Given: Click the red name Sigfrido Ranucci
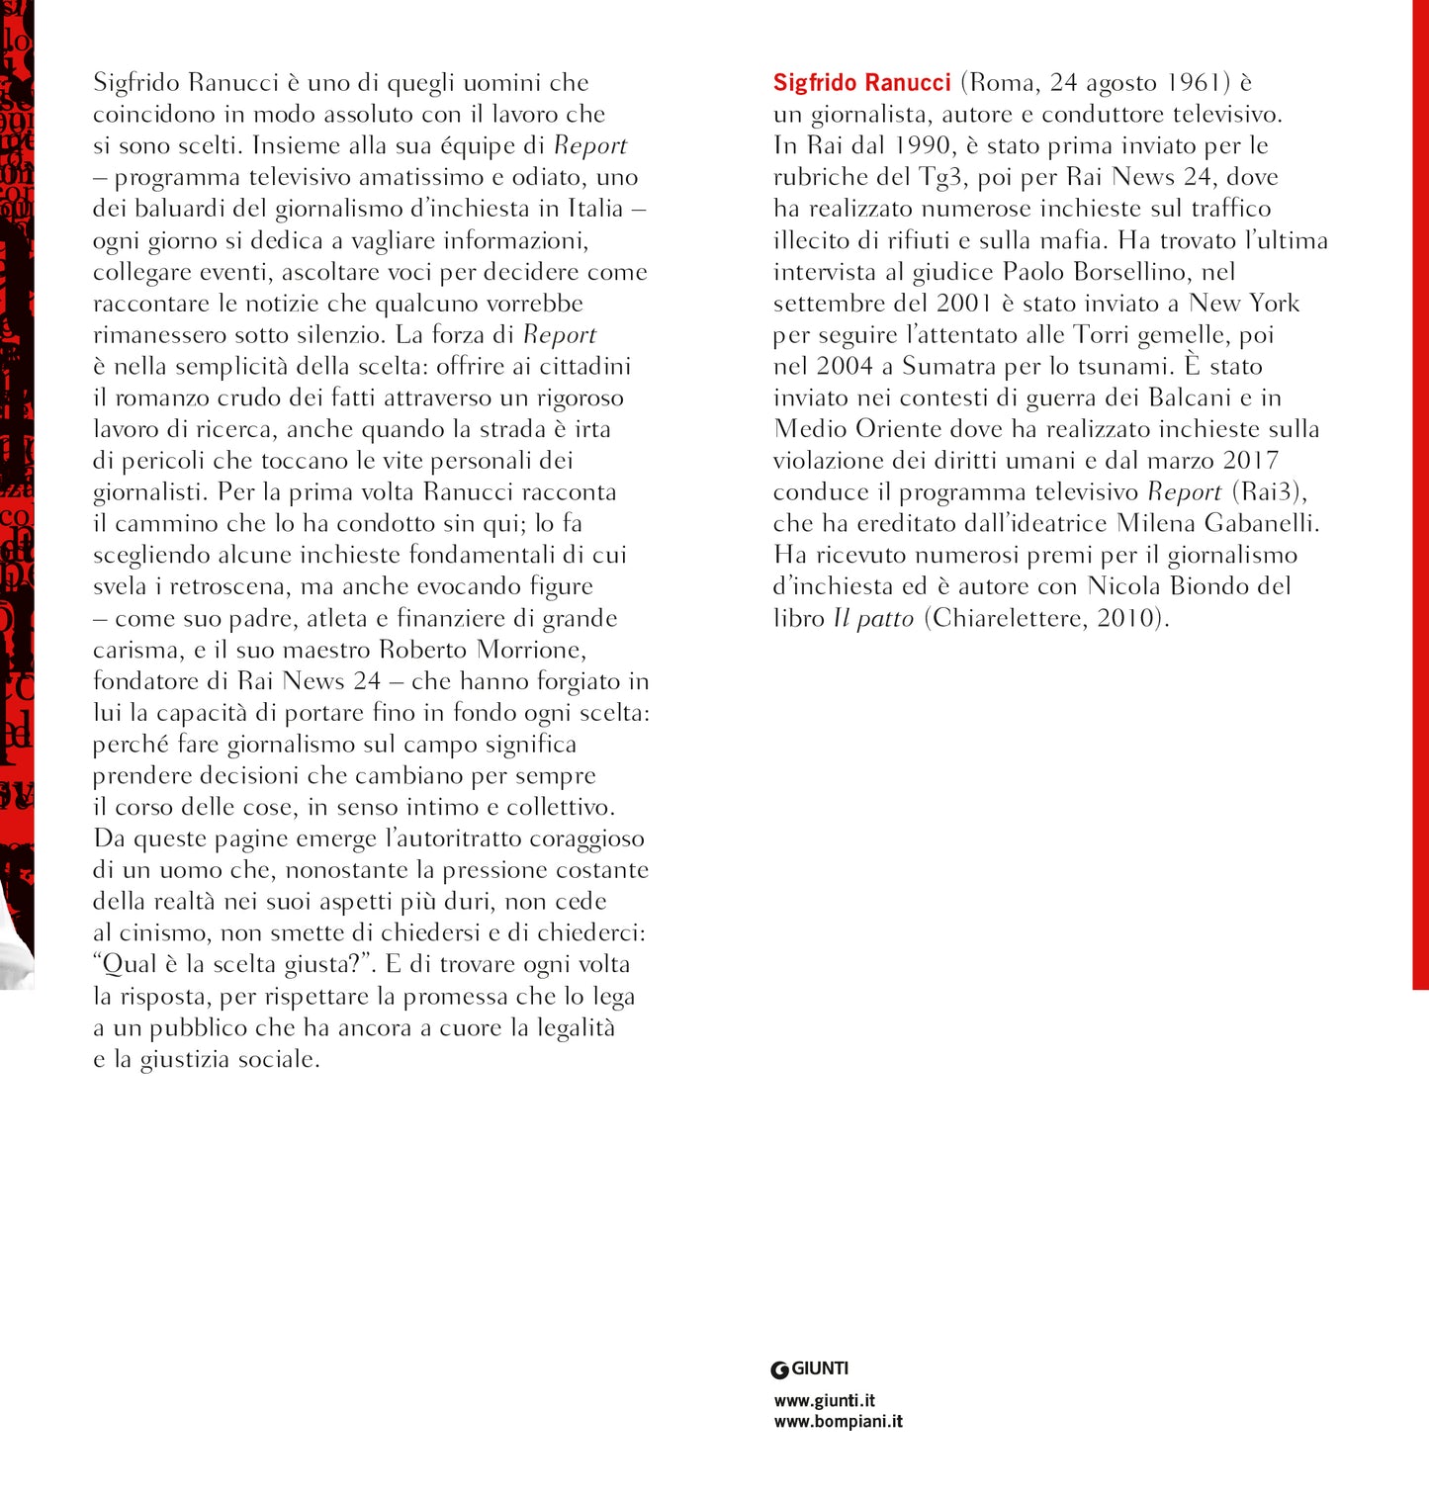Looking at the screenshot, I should tap(861, 83).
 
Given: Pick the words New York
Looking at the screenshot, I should tap(1244, 304).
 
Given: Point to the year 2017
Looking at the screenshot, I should tap(1250, 461).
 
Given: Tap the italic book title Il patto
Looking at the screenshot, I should tap(873, 619).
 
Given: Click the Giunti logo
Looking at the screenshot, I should tap(810, 1369).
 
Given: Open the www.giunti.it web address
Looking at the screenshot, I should tap(825, 1401).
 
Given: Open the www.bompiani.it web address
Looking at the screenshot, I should tap(838, 1422).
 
